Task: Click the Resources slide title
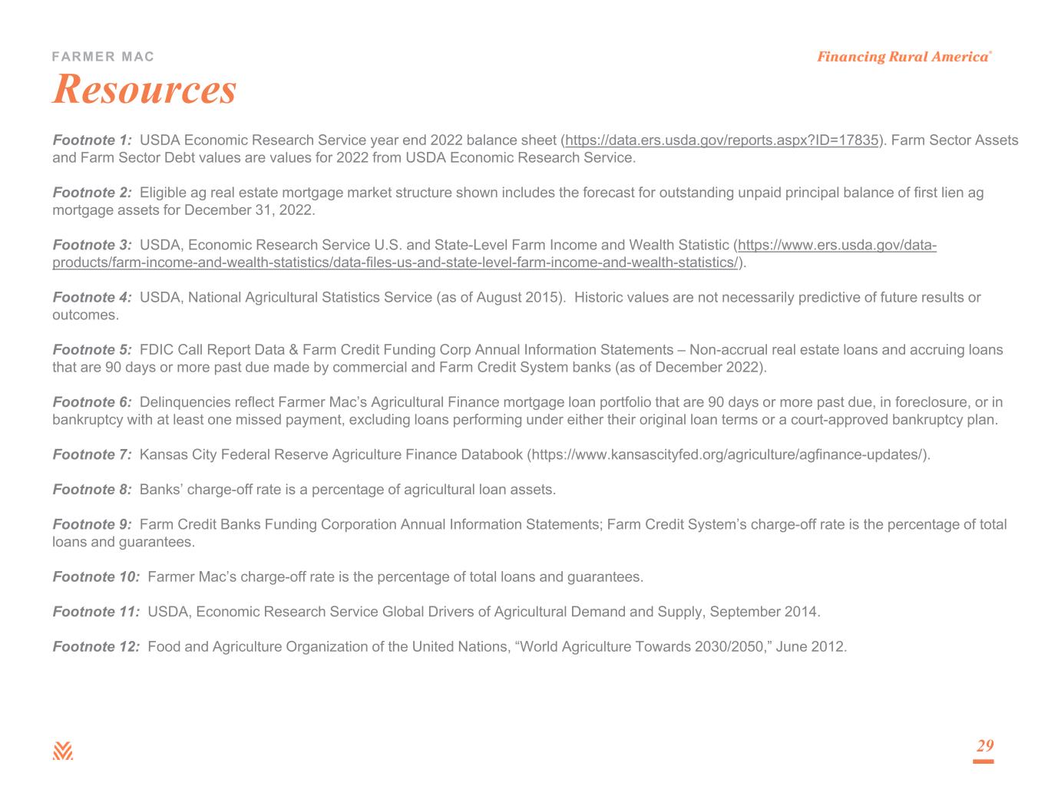pos(144,89)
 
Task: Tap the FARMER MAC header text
pos(103,57)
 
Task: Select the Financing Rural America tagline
pos(903,57)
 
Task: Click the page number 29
pos(984,746)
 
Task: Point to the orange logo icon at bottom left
pos(63,751)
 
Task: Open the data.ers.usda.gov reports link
pos(722,140)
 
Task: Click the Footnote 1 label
pos(92,140)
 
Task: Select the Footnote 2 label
pos(92,193)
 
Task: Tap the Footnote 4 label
pos(92,297)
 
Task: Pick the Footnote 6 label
pos(92,402)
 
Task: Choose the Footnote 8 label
pos(92,489)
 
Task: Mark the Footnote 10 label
pos(96,576)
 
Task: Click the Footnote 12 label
pos(96,646)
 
